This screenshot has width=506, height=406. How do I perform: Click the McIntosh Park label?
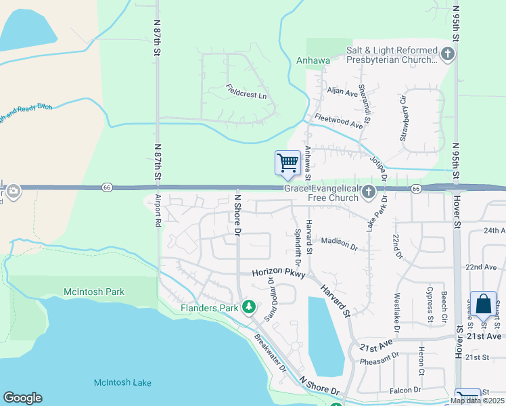pyautogui.click(x=94, y=292)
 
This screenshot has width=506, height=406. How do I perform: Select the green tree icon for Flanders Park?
pyautogui.click(x=249, y=307)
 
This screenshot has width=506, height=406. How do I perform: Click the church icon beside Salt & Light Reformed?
pyautogui.click(x=447, y=54)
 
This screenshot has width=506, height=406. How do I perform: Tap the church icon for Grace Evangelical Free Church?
pyautogui.click(x=369, y=192)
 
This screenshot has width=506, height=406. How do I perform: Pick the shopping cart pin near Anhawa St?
pyautogui.click(x=288, y=163)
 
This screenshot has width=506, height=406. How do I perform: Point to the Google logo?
pyautogui.click(x=22, y=398)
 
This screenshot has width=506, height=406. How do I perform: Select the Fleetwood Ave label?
pyautogui.click(x=338, y=120)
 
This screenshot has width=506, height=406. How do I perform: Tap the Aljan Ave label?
pyautogui.click(x=342, y=91)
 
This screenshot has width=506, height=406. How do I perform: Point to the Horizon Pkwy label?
pyautogui.click(x=279, y=273)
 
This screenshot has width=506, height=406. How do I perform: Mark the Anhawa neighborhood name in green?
pyautogui.click(x=313, y=60)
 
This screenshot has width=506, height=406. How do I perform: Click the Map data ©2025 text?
pyautogui.click(x=476, y=400)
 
